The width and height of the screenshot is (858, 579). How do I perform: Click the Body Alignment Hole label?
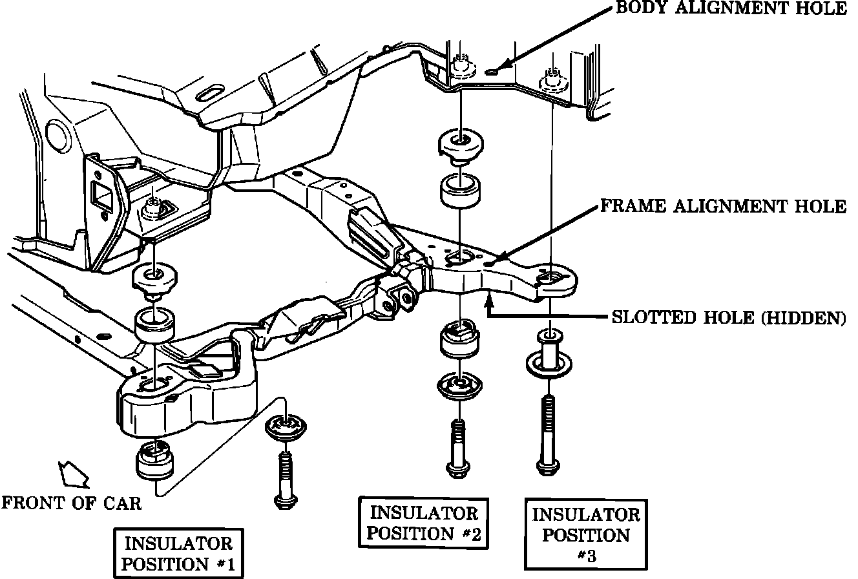point(729,9)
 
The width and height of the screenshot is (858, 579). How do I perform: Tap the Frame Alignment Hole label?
point(723,206)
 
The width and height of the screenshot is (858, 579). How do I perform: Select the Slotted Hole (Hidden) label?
point(728,318)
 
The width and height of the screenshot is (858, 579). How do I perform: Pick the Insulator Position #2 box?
point(423,523)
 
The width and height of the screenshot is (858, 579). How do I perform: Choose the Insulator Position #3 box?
point(586,534)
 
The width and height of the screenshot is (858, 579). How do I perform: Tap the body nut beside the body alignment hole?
point(461,67)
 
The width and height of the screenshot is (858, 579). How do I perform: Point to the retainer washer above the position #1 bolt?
point(285,428)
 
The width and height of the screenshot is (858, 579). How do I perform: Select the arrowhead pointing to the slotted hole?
point(492,298)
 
